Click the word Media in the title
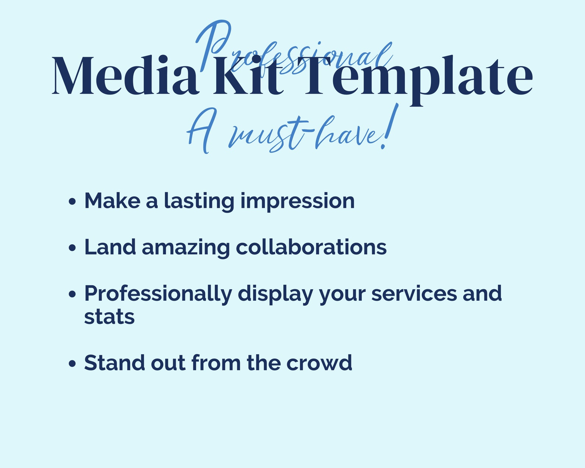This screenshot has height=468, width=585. pyautogui.click(x=125, y=76)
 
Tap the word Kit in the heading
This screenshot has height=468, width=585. pyautogui.click(x=248, y=76)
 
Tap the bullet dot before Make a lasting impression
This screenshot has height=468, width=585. pyautogui.click(x=72, y=202)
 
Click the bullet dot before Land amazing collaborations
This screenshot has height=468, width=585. pyautogui.click(x=72, y=248)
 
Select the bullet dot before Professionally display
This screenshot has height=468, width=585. pyautogui.click(x=72, y=294)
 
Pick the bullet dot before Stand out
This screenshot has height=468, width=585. pyautogui.click(x=72, y=363)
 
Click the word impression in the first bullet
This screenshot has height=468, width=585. pyautogui.click(x=297, y=202)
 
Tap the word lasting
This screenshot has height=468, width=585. pyautogui.click(x=199, y=202)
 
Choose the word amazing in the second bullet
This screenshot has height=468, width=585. pyautogui.click(x=186, y=248)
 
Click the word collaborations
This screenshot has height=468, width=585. pyautogui.click(x=311, y=247)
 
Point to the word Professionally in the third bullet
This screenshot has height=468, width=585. pyautogui.click(x=158, y=294)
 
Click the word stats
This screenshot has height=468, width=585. pyautogui.click(x=109, y=317)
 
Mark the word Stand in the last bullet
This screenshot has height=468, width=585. pyautogui.click(x=114, y=363)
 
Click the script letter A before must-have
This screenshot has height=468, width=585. pyautogui.click(x=201, y=131)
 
